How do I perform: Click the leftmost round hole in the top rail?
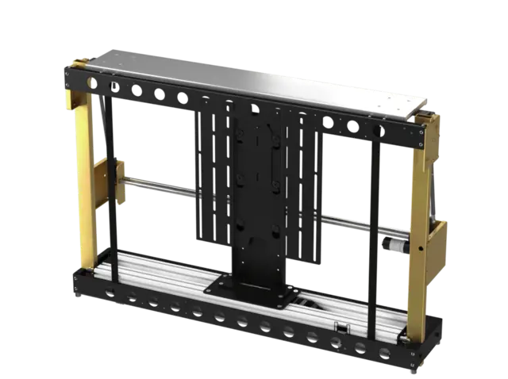pyautogui.click(x=93, y=82)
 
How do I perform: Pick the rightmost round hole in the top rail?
pyautogui.click(x=379, y=130)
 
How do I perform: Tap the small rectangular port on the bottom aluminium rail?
pyautogui.click(x=341, y=327)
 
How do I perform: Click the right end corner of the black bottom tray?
pyautogui.click(x=429, y=349)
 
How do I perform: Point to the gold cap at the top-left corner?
pyautogui.click(x=79, y=63)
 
